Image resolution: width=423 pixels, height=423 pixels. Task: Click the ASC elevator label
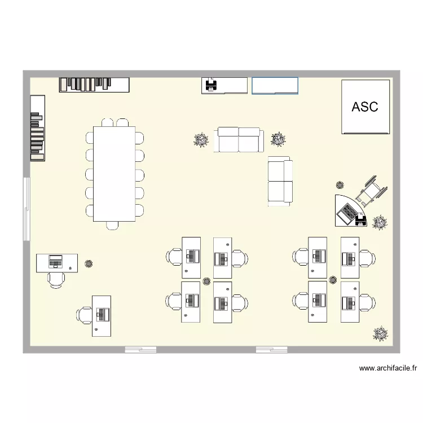[x=365, y=107]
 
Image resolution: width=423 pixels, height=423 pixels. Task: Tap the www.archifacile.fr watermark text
[x=388, y=369]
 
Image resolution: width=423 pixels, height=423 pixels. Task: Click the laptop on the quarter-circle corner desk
[x=346, y=213]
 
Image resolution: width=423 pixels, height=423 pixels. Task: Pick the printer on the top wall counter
[x=211, y=85]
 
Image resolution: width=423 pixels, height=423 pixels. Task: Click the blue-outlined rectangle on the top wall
[x=275, y=85]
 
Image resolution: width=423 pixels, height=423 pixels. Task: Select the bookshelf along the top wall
[x=94, y=84]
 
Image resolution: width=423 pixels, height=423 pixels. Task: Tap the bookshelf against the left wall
[x=37, y=128]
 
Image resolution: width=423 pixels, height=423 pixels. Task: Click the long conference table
[x=113, y=174]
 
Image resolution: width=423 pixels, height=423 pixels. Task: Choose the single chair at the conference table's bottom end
[x=113, y=225]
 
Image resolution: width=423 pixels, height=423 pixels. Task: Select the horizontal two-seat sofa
[x=239, y=140]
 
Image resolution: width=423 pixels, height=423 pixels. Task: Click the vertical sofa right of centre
[x=280, y=180]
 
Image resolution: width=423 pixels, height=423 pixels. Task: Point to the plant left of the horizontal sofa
[x=201, y=140]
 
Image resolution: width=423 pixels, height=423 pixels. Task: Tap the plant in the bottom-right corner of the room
[x=381, y=334]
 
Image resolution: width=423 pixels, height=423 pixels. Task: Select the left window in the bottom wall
[x=140, y=350]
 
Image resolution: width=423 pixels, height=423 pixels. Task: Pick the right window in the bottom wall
[x=271, y=350]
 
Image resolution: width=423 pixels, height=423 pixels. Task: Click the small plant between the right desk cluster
[x=333, y=278]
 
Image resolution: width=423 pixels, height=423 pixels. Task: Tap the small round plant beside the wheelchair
[x=340, y=184]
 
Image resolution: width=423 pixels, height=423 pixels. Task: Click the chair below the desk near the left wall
[x=56, y=279]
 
